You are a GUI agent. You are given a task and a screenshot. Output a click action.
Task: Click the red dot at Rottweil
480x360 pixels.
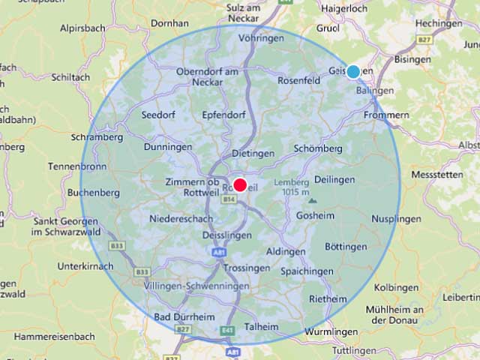click(240, 184)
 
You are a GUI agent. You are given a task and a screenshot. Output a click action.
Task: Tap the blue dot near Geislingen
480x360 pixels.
click(353, 72)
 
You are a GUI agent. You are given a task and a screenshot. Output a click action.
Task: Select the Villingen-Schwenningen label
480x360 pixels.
click(196, 286)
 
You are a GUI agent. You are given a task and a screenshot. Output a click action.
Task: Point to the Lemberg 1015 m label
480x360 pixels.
click(292, 187)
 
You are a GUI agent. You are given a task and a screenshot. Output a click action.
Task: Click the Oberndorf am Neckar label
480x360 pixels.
click(206, 77)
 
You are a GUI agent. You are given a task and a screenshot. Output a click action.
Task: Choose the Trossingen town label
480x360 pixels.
click(246, 268)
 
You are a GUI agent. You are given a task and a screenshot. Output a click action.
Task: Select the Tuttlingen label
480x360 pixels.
click(354, 350)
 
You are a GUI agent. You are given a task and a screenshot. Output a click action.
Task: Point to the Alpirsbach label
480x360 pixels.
click(83, 28)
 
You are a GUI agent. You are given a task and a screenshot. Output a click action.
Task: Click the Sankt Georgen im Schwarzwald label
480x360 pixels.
click(64, 227)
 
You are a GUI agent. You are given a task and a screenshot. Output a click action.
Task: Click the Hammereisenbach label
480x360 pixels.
click(55, 337)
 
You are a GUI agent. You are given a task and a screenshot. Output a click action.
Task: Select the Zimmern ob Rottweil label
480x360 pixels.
click(193, 187)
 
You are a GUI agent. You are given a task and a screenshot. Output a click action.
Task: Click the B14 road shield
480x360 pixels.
click(229, 199)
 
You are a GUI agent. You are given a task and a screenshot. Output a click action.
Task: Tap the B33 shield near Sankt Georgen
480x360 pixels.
click(117, 245)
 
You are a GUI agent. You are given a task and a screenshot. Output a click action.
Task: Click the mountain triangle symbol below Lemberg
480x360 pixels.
click(312, 201)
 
